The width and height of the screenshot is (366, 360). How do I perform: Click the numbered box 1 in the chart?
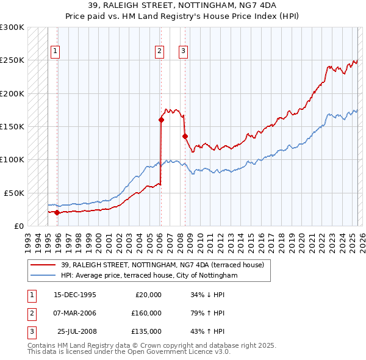[x=55, y=51]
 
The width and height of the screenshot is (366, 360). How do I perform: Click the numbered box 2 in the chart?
[x=159, y=51]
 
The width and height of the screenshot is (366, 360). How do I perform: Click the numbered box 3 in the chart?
[x=183, y=51]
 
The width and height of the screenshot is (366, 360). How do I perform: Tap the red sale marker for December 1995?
[x=57, y=212]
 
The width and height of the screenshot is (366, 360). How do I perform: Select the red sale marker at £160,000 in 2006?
[x=161, y=120]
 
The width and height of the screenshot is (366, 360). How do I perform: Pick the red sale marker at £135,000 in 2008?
[x=185, y=136]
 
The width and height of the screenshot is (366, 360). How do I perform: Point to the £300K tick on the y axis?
[x=12, y=27]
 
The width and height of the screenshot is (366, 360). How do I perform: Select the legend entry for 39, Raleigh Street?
[x=162, y=265]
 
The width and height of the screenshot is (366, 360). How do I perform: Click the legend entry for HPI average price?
[x=149, y=276]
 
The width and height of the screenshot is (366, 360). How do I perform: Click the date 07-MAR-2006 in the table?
[x=75, y=313]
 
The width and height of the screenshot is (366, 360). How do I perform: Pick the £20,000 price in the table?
[x=148, y=295]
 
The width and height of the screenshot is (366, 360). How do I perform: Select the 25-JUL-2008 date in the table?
[x=77, y=331]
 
